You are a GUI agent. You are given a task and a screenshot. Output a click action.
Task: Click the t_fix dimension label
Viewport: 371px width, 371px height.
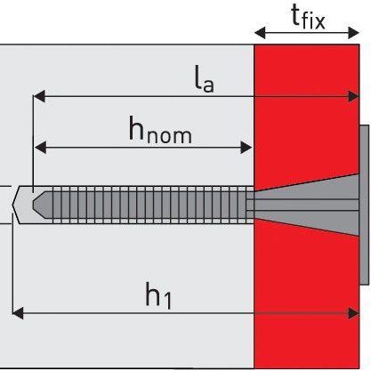(x=308, y=17)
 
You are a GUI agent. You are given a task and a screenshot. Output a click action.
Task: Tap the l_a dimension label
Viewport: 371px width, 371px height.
(x=205, y=78)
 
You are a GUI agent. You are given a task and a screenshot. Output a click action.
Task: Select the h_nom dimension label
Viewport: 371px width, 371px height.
(x=160, y=130)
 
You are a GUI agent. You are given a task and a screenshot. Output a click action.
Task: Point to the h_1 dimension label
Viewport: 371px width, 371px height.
(x=158, y=296)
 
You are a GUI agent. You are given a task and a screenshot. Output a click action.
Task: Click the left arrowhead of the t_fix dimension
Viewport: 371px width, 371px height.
(x=260, y=33)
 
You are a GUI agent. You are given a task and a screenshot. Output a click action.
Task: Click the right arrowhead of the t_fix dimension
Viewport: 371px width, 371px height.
(x=354, y=33)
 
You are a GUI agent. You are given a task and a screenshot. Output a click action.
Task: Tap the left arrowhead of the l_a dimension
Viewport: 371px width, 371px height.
(x=39, y=96)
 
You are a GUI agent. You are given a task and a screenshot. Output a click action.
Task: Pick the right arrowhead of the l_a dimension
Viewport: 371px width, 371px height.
(x=353, y=96)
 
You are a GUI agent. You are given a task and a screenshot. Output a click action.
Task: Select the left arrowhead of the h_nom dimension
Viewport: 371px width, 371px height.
(x=41, y=148)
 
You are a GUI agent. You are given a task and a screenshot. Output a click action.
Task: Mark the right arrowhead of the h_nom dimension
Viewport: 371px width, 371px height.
(x=246, y=148)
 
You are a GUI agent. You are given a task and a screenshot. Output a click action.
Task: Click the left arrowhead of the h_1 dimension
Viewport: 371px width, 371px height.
(x=18, y=313)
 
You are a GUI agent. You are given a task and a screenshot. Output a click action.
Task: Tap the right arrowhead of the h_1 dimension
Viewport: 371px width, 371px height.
(x=353, y=313)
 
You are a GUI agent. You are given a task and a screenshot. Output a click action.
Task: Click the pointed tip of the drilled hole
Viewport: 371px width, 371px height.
(x=12, y=205)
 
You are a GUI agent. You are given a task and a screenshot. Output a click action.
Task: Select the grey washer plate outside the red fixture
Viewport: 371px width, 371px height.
(x=365, y=205)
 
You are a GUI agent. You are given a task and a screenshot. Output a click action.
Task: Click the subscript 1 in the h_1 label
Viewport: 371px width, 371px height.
(x=168, y=301)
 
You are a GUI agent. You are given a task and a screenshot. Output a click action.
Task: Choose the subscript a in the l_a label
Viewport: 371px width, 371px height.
(x=208, y=85)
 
